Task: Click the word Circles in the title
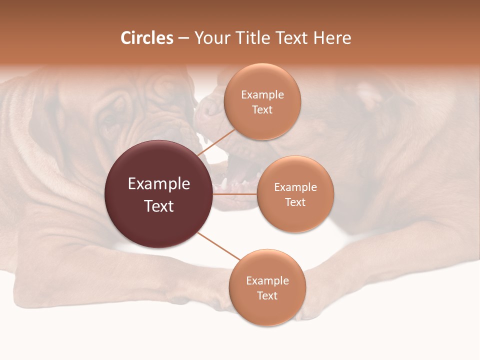coord(147,38)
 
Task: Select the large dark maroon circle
coord(158,194)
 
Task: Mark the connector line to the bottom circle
coord(218,245)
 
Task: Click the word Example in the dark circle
coord(158,184)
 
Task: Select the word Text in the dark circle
coord(158,206)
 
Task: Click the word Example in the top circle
coord(262,95)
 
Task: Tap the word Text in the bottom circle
coord(267,295)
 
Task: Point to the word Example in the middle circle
coord(295,187)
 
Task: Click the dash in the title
coord(183,38)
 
